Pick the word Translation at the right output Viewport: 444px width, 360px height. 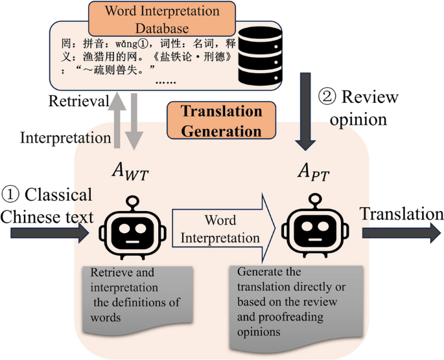pos(401,214)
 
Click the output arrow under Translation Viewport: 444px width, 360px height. pos(402,233)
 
